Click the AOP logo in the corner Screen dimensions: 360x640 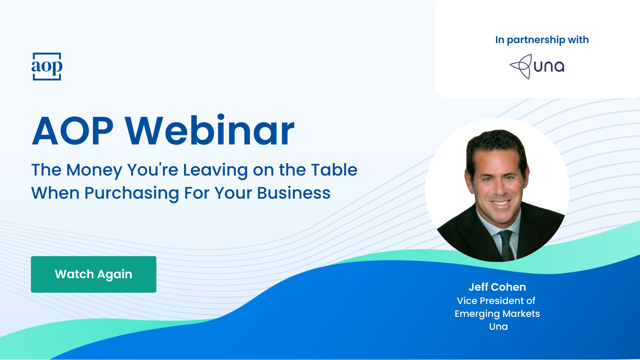(47, 67)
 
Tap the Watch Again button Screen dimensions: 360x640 (93, 274)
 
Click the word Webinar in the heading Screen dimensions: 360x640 (209, 132)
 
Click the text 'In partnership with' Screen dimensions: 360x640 (542, 40)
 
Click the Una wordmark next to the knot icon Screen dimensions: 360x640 (549, 67)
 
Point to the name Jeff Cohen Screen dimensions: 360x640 (497, 287)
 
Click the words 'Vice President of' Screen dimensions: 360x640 (496, 301)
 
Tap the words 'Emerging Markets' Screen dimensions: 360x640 (497, 314)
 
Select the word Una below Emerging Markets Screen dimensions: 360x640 (498, 327)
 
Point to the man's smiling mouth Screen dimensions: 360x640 (500, 203)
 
